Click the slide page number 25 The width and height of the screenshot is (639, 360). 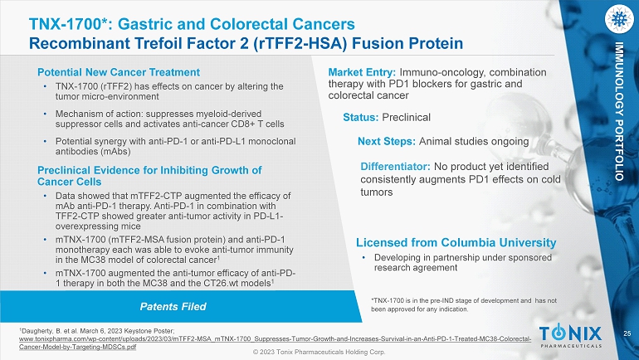pos(627,333)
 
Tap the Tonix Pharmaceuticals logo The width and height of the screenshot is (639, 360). pos(571,337)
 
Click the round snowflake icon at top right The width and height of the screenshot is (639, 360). pos(619,19)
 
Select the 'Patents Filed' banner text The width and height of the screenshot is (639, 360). pos(173,307)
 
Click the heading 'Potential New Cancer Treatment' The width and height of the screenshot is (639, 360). pos(119,72)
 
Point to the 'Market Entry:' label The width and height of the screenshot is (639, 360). pos(362,72)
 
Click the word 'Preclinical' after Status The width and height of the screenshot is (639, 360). pos(407,117)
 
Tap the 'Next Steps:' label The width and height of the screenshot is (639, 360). pos(387,141)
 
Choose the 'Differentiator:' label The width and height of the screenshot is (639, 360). pos(395,167)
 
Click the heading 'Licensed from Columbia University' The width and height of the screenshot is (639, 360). pos(456,243)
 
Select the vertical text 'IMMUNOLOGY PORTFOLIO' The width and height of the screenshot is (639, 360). pos(619,110)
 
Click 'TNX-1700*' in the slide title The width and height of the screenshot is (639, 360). pos(71,24)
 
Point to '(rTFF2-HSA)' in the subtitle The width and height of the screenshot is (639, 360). pos(300,43)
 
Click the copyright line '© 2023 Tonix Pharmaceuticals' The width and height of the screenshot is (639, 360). pos(319,352)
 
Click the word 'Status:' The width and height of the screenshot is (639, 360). pos(361,117)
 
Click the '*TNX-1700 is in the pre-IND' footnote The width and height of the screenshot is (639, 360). pos(464,304)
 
